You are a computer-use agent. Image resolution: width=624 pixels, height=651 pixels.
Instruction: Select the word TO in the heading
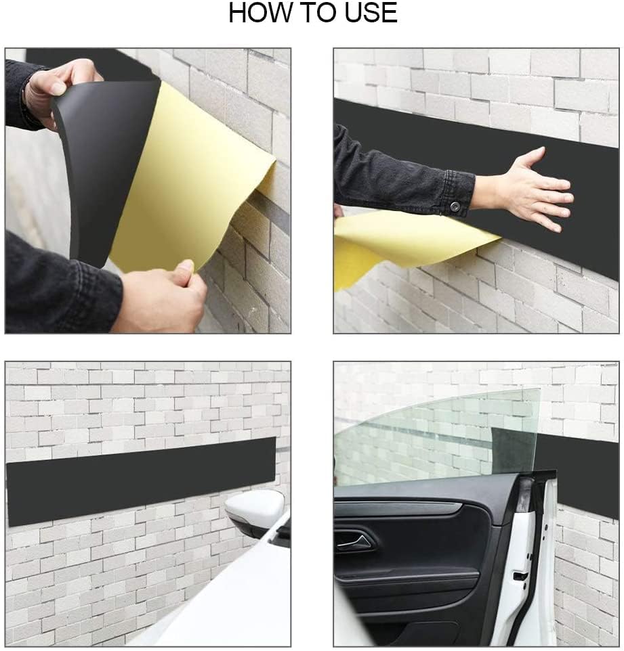tap(312, 14)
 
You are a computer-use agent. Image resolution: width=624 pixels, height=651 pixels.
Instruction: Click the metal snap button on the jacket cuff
tap(455, 206)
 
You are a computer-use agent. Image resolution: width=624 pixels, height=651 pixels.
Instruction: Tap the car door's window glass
tap(434, 433)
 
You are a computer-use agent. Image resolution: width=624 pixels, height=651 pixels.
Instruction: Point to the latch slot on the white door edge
tap(521, 576)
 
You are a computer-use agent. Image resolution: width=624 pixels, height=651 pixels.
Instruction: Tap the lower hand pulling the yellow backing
tap(163, 298)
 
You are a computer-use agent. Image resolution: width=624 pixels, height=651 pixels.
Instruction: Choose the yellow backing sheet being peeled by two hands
tap(190, 176)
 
